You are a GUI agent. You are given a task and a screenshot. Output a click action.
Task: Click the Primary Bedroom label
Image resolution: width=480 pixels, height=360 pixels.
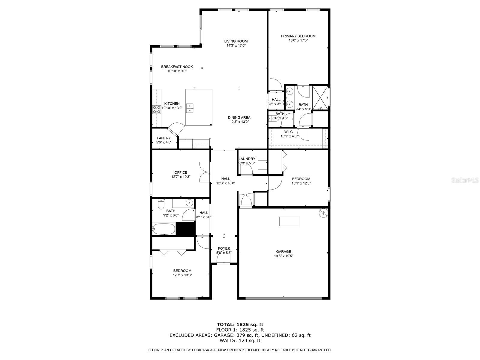tap(298, 36)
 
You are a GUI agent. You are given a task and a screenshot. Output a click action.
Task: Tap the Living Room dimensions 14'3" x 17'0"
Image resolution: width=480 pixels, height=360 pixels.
tap(236, 46)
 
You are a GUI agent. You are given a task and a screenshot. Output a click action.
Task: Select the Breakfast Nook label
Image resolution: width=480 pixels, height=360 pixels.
tap(177, 67)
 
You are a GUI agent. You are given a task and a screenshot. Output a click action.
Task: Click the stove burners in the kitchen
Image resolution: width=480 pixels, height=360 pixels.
tap(157, 109)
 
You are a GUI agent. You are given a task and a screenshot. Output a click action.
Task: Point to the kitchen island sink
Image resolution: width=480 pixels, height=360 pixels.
tap(190, 108)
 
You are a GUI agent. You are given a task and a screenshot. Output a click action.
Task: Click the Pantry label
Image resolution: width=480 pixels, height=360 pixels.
tap(164, 138)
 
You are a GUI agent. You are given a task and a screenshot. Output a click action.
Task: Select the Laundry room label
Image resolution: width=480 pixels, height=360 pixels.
tap(247, 159)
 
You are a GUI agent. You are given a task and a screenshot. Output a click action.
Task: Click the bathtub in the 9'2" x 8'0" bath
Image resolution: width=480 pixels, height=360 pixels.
tap(163, 229)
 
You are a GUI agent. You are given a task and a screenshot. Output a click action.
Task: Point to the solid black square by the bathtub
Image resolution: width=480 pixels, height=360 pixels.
tap(185, 229)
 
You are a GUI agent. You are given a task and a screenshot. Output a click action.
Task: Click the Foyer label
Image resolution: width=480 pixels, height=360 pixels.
tap(224, 248)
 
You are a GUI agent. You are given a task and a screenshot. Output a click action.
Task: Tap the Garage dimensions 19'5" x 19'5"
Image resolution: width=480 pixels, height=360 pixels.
tap(283, 256)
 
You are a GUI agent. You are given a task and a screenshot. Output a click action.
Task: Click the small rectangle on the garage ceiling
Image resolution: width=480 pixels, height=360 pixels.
tap(289, 221)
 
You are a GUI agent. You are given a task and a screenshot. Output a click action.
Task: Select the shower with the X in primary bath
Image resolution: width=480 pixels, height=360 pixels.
tap(320, 98)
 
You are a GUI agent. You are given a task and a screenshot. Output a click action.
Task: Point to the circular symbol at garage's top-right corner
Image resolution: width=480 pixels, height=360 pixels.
tap(324, 213)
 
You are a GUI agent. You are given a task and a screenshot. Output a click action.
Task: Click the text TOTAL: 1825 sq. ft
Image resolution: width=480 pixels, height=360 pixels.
tap(240, 324)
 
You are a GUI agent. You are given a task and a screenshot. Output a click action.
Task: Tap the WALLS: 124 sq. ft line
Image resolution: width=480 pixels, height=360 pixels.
tap(240, 340)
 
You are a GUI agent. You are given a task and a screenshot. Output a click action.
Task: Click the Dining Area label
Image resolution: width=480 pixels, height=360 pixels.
tap(239, 118)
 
